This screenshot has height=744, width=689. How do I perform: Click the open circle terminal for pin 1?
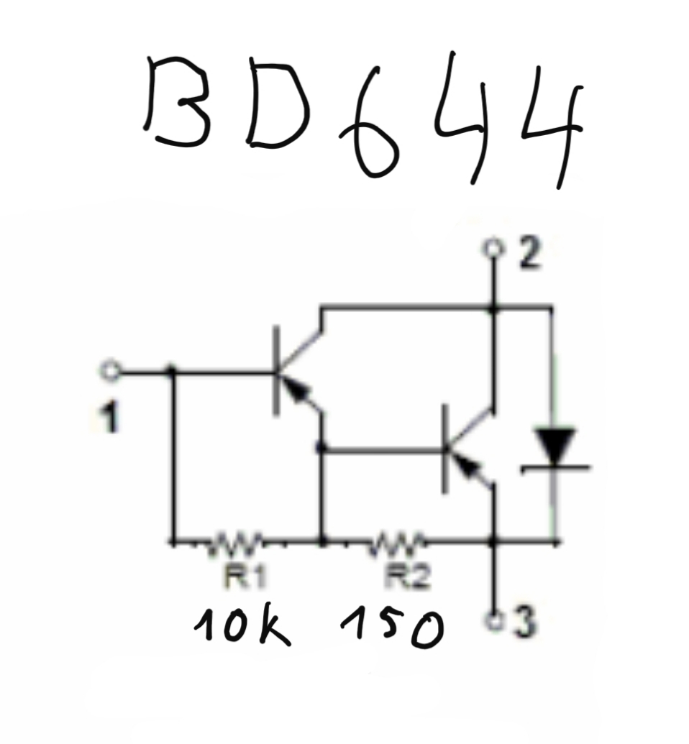(111, 371)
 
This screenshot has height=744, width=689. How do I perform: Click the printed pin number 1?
(109, 418)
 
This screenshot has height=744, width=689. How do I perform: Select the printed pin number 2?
(530, 253)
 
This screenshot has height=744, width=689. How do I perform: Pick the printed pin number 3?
(524, 621)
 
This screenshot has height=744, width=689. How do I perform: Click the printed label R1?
(245, 577)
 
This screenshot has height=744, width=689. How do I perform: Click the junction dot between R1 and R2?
(322, 541)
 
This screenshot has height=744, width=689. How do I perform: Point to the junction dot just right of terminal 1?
(172, 371)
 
